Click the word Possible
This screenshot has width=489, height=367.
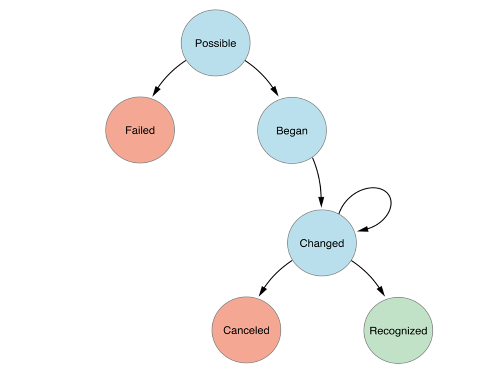click(216, 43)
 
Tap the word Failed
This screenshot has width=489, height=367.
click(140, 130)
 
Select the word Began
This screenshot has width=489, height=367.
click(292, 131)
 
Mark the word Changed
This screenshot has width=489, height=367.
click(322, 243)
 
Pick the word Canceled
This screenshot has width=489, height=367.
click(246, 330)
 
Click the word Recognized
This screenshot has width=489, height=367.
click(398, 331)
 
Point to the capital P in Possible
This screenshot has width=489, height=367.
click(198, 43)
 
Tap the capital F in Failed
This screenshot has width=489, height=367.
click(128, 130)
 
